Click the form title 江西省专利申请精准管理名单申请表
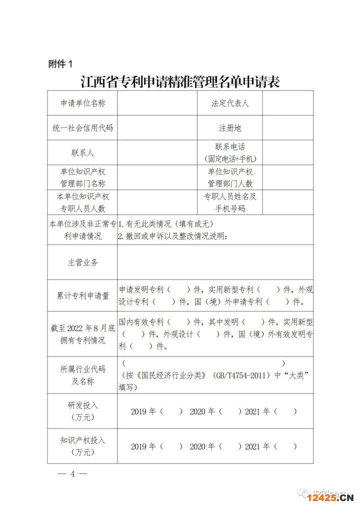[180, 81]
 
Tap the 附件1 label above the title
[60, 64]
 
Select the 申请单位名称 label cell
[83, 103]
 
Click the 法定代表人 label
[230, 103]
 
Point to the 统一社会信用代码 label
[83, 128]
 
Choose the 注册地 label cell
[230, 128]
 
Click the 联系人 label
[83, 152]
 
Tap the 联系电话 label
[230, 147]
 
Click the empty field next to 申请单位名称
[157, 103]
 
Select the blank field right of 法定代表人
[288, 103]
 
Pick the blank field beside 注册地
[288, 128]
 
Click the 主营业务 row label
[83, 262]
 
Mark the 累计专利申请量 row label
[83, 295]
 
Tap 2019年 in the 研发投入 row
[144, 411]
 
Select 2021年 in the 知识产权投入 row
[258, 446]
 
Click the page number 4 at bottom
[72, 473]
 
